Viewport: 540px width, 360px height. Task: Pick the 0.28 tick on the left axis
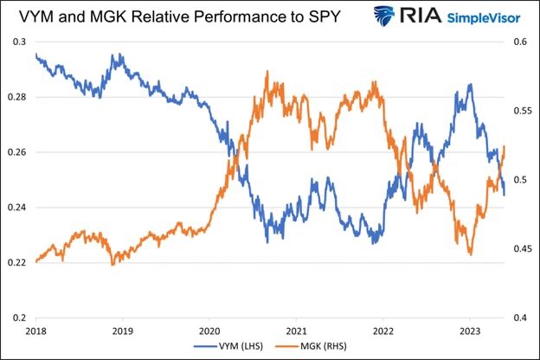point(18,97)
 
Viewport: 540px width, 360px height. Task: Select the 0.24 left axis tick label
point(18,208)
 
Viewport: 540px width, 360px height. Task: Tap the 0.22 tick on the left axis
point(18,262)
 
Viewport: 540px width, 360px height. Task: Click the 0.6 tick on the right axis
point(522,42)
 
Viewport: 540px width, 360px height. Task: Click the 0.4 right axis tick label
point(522,318)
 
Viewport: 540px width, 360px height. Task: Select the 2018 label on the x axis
point(35,331)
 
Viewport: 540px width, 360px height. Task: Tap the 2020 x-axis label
point(209,331)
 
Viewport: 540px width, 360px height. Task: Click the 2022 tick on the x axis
point(382,331)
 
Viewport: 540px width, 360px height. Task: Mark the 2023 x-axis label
point(469,331)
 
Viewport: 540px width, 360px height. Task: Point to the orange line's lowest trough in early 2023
point(470,254)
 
